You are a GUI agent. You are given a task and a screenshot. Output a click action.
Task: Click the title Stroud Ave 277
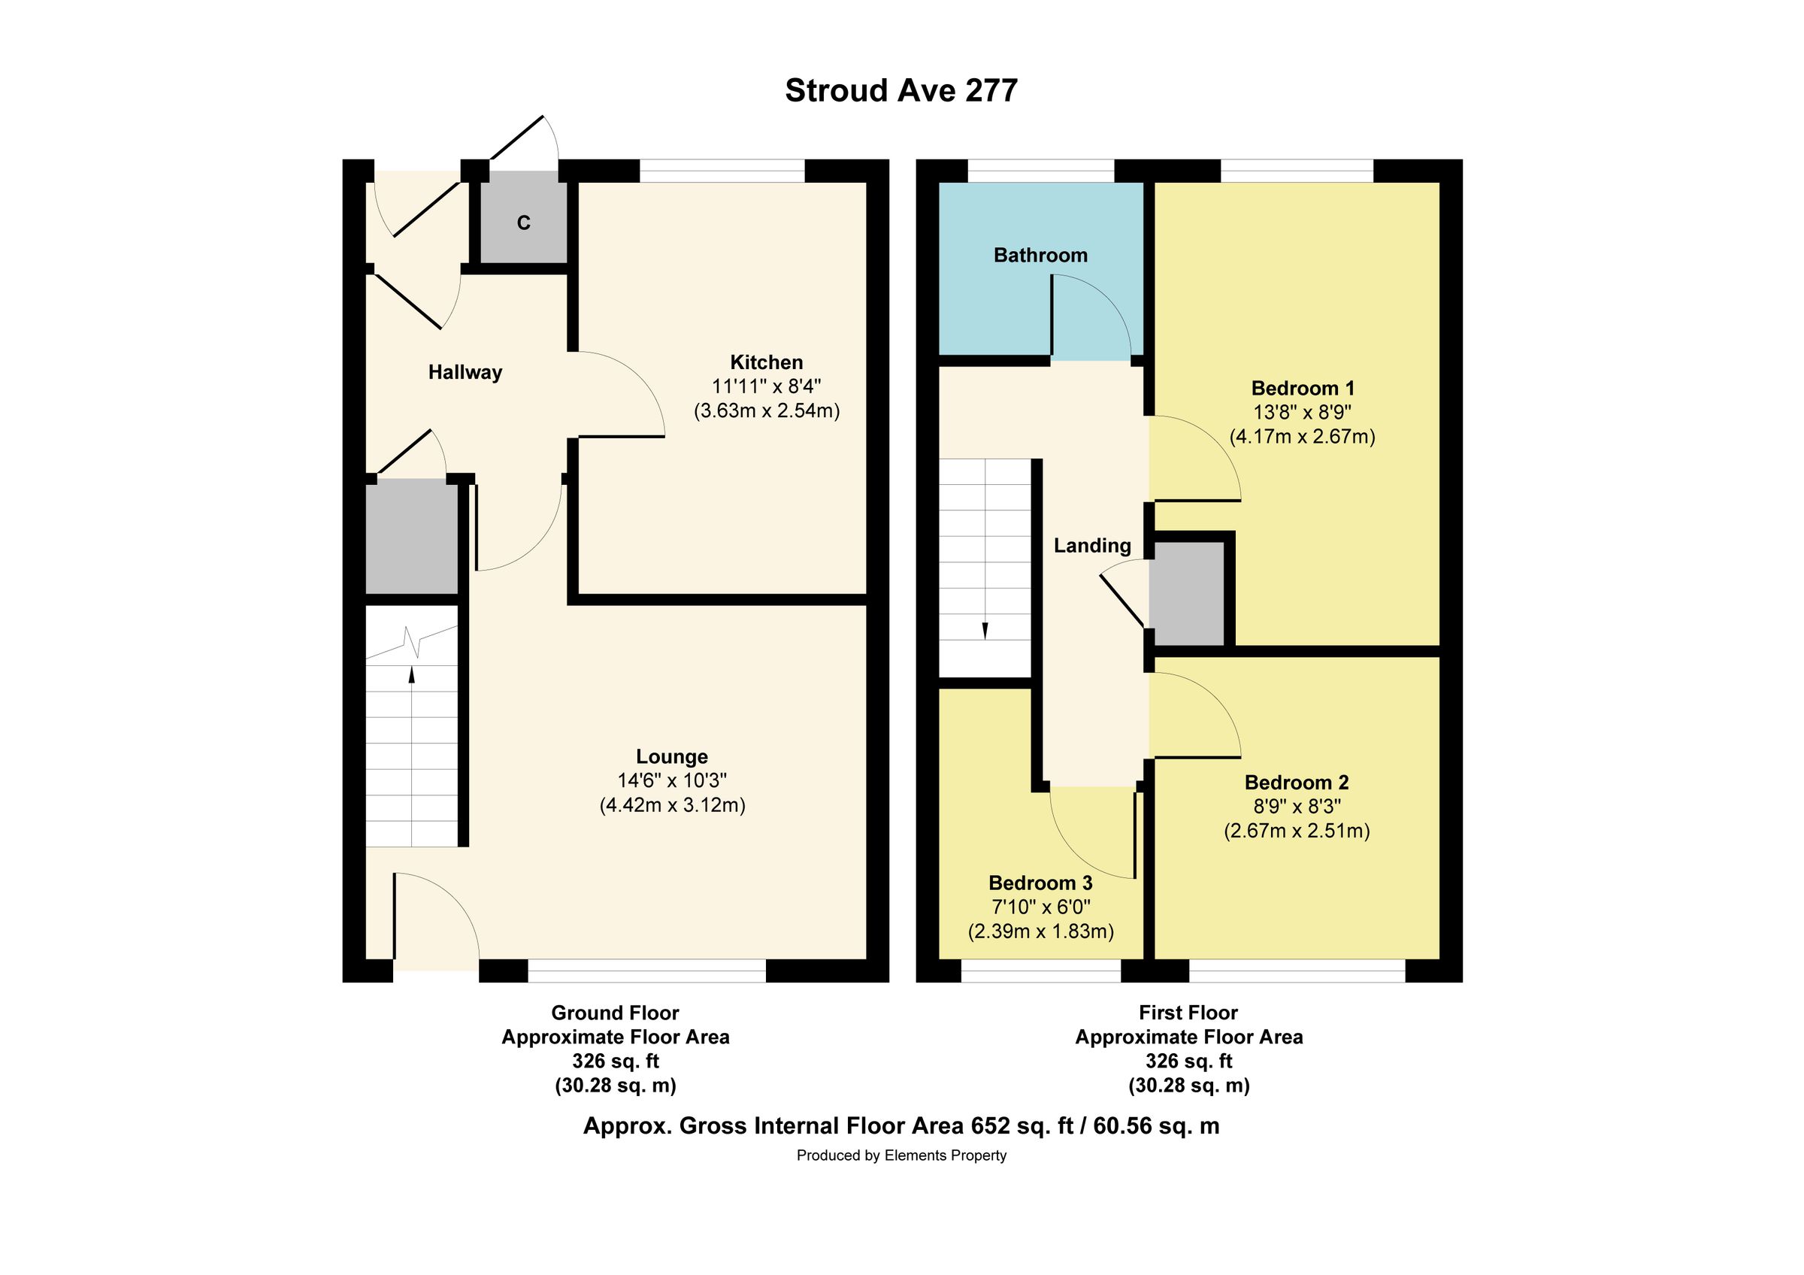click(x=901, y=91)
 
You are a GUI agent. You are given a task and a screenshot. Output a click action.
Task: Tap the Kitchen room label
click(x=766, y=362)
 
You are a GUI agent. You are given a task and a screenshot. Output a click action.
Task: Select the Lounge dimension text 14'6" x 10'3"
click(x=672, y=780)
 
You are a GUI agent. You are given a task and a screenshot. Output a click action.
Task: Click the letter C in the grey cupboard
click(x=523, y=223)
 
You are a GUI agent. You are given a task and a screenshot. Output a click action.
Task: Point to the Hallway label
click(x=465, y=372)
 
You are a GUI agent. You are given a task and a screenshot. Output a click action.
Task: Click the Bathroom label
click(x=1040, y=256)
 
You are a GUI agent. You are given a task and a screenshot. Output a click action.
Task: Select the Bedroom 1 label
click(x=1302, y=388)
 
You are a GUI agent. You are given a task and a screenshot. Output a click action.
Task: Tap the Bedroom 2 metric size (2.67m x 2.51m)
click(x=1297, y=831)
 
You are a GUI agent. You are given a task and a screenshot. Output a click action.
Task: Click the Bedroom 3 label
click(x=1040, y=883)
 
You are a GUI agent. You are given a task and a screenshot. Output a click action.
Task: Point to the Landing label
click(x=1092, y=545)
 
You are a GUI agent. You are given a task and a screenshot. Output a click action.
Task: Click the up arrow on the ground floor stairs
click(x=412, y=675)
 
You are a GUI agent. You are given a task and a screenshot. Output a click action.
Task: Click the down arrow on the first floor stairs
click(x=985, y=629)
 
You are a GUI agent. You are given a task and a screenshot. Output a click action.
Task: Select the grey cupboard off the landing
click(x=1186, y=594)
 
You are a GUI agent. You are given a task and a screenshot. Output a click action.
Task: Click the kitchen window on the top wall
click(x=722, y=171)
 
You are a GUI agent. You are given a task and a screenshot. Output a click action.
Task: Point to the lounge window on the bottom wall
click(x=646, y=971)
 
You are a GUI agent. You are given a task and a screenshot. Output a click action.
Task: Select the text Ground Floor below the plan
click(x=614, y=1013)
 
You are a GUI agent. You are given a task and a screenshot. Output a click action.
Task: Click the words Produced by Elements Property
click(x=901, y=1155)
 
